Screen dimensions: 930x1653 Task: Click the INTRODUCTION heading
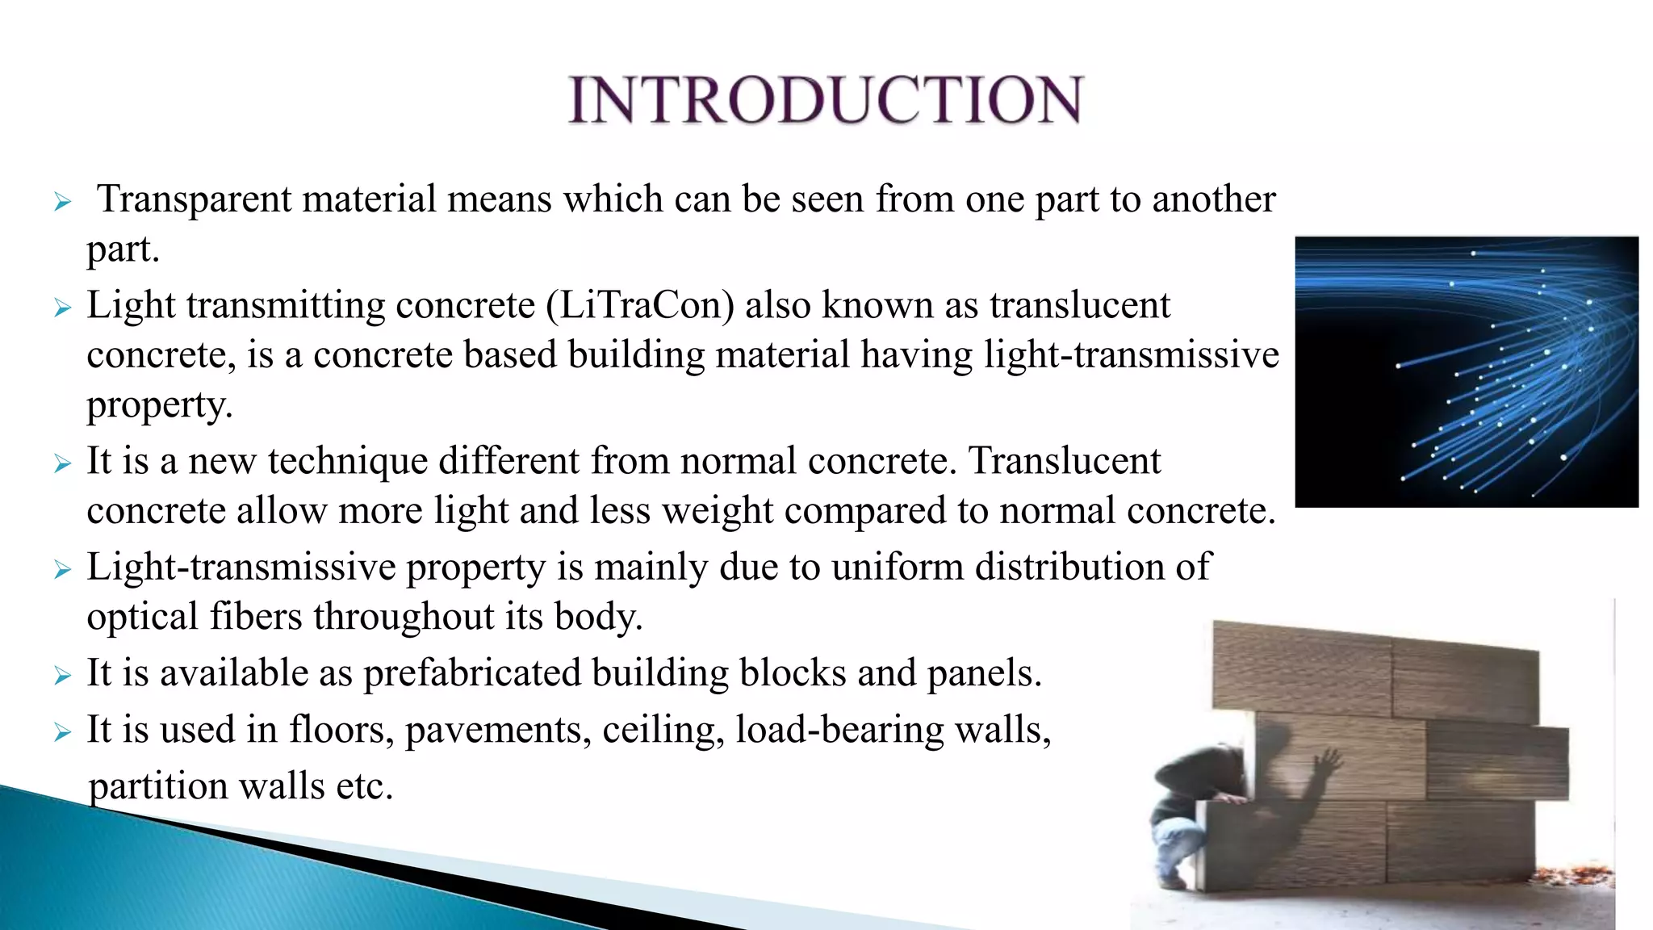pyautogui.click(x=826, y=100)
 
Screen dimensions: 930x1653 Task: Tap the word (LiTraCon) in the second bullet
pyautogui.click(x=640, y=306)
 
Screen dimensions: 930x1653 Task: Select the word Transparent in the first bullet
pyautogui.click(x=194, y=199)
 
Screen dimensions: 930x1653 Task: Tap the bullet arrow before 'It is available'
pyautogui.click(x=63, y=676)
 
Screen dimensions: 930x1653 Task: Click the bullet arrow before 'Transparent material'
pyautogui.click(x=63, y=202)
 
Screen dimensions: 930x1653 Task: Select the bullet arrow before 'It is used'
pyautogui.click(x=63, y=732)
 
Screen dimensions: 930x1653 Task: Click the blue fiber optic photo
pyautogui.click(x=1467, y=371)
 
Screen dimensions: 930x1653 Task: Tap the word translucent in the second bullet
pyautogui.click(x=1079, y=306)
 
